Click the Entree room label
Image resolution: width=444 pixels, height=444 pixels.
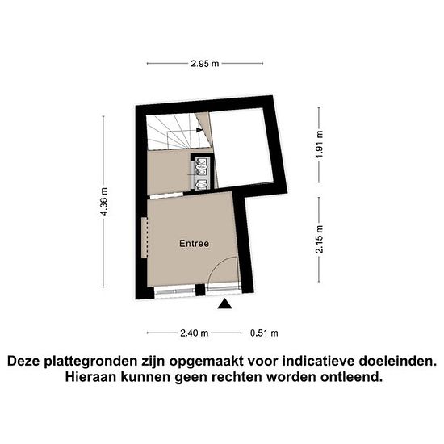click(x=195, y=244)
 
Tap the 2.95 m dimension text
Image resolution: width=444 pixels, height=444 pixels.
click(x=205, y=64)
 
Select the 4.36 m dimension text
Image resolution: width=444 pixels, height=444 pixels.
click(x=104, y=201)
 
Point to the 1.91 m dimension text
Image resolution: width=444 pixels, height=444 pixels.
click(x=320, y=145)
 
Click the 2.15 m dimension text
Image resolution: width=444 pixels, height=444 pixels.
click(x=320, y=239)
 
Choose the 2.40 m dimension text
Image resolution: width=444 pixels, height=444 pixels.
click(x=195, y=333)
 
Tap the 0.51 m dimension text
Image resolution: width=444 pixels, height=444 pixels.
click(x=264, y=333)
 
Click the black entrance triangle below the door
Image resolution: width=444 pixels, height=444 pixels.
click(x=225, y=304)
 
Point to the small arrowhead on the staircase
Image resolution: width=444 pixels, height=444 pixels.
click(x=199, y=130)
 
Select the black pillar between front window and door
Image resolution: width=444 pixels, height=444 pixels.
click(x=200, y=290)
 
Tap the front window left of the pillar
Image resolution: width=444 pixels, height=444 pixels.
click(x=174, y=291)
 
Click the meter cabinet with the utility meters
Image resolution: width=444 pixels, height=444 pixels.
click(x=202, y=172)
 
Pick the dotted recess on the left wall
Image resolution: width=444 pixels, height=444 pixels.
click(x=145, y=237)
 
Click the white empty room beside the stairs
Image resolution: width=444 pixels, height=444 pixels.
click(x=241, y=148)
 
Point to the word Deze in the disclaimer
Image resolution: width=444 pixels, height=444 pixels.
click(x=23, y=362)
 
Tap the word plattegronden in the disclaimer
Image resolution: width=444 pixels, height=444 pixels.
click(x=90, y=362)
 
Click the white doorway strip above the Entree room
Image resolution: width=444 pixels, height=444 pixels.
click(x=166, y=195)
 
